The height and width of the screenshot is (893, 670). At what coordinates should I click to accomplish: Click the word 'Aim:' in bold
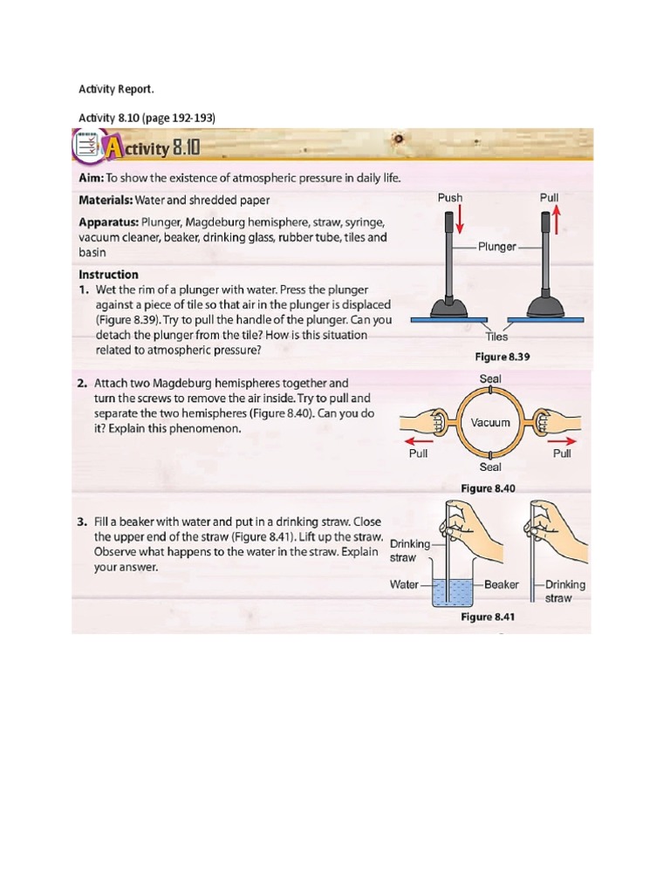point(92,178)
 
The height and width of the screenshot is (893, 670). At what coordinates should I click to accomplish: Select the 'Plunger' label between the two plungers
point(497,247)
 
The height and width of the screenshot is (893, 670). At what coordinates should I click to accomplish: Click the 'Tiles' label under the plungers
point(497,337)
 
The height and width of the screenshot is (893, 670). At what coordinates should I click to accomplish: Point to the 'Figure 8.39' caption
point(502,357)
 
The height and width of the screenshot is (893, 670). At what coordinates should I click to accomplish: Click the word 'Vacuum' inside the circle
point(490,423)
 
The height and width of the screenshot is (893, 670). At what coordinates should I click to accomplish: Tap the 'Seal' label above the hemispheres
point(491,378)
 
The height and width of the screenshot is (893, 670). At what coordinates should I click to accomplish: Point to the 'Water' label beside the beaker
point(404,584)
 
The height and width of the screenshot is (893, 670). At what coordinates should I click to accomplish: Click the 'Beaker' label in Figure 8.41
point(501,584)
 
